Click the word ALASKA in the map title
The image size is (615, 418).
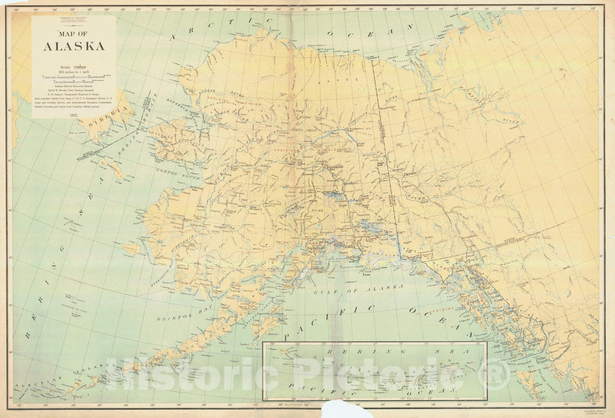point(73,46)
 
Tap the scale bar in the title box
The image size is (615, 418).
point(73,77)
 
